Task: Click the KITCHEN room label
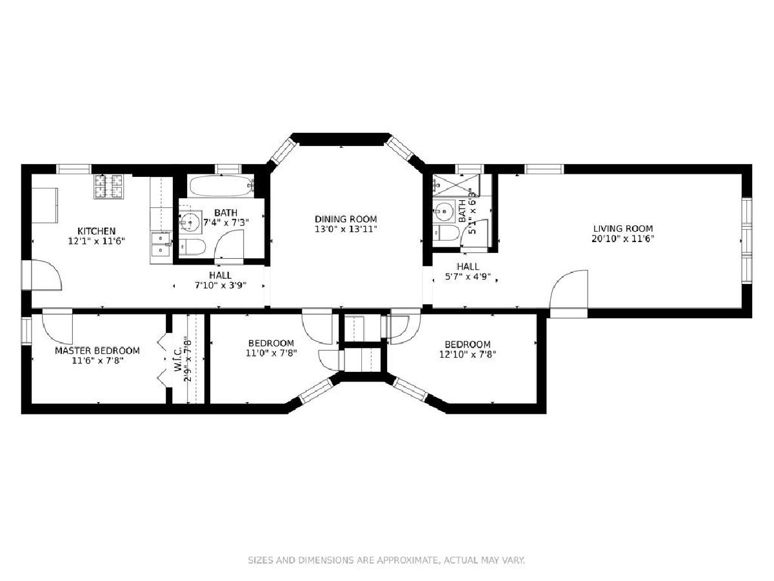[96, 231]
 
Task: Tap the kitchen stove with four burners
[108, 186]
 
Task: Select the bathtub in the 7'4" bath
[221, 187]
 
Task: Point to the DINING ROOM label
[346, 219]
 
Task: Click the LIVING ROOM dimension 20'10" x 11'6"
[622, 239]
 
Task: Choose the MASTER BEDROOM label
[97, 351]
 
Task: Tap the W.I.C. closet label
[178, 359]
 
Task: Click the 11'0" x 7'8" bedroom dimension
[271, 352]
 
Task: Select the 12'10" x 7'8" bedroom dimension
[468, 354]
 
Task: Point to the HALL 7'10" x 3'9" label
[221, 280]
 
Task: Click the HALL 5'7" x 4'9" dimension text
[468, 276]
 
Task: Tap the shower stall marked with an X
[456, 185]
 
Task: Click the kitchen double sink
[161, 243]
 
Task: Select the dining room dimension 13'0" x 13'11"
[346, 229]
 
